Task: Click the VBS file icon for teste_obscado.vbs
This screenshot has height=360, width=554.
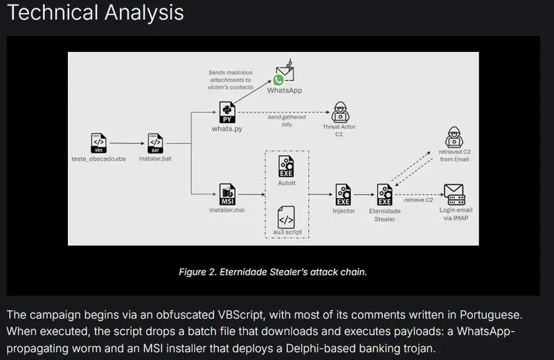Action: [x=99, y=143]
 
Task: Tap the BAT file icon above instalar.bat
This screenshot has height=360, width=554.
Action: [x=155, y=143]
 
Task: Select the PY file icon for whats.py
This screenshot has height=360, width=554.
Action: [x=227, y=111]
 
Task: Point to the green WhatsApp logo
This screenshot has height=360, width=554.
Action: [x=278, y=81]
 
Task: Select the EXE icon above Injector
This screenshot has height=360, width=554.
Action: [x=343, y=193]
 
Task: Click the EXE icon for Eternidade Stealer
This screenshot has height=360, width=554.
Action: [x=385, y=193]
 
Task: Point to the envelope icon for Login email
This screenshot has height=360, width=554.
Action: [x=454, y=192]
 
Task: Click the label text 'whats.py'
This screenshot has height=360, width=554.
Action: [x=227, y=129]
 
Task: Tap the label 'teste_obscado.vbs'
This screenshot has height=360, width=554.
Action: [x=99, y=159]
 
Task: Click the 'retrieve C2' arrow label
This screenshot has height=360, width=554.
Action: [x=419, y=200]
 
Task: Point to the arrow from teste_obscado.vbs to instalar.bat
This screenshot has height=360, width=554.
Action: [x=127, y=143]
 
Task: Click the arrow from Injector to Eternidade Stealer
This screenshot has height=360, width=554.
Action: [x=364, y=194]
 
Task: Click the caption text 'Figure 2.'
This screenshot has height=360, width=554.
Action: [x=199, y=272]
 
